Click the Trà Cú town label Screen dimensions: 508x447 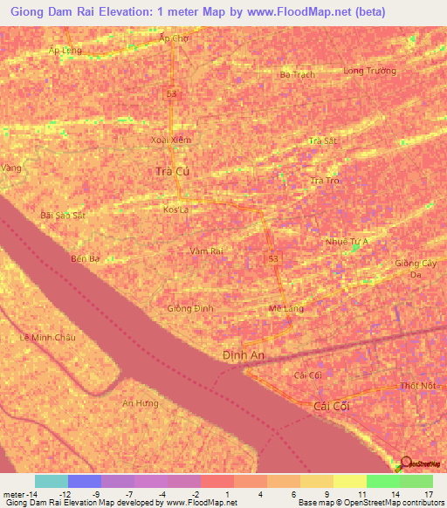tap(171, 172)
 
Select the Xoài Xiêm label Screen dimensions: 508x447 tap(171, 140)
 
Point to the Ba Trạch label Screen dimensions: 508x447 tap(297, 75)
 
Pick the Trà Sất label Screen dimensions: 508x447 tap(323, 141)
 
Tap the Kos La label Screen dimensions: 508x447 tap(175, 210)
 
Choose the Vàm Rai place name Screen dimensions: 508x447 tap(207, 251)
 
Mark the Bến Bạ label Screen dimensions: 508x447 tap(86, 258)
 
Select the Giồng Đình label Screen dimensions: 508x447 tap(189, 309)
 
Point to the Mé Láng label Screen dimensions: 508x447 tap(285, 309)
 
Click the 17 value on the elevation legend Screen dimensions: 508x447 tap(428, 494)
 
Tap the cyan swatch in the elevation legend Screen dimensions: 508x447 tap(52, 481)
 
